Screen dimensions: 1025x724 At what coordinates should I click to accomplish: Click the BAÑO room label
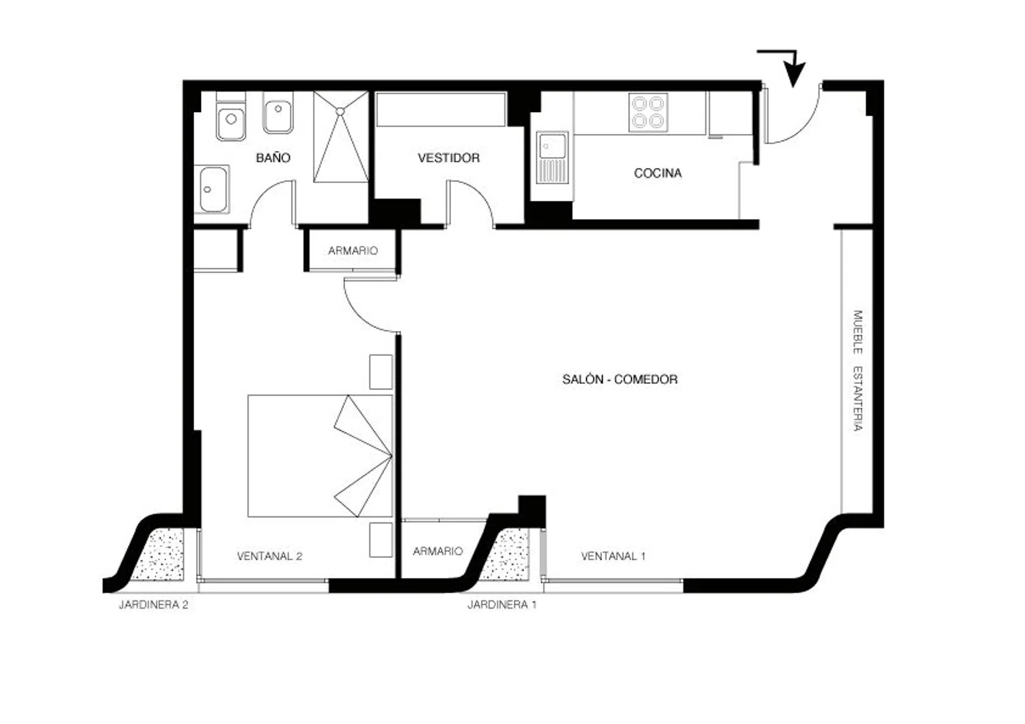pos(273,157)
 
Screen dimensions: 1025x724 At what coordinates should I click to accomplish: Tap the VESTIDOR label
pos(448,158)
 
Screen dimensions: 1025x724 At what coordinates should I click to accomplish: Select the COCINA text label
pos(657,173)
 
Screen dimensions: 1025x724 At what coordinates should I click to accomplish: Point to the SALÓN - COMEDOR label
pos(620,378)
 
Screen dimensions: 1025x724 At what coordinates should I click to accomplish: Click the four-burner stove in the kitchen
pos(648,113)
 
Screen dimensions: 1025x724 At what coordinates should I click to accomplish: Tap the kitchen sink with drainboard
pos(552,158)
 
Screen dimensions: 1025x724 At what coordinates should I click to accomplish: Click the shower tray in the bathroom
pos(341,137)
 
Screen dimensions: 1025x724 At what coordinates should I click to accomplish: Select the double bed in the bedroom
pos(320,456)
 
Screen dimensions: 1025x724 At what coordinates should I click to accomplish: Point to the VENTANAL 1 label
pos(613,556)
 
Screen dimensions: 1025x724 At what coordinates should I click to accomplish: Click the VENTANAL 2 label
pos(269,556)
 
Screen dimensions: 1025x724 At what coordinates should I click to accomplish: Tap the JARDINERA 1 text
pos(502,604)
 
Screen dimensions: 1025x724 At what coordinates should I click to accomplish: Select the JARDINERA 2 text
pos(153,604)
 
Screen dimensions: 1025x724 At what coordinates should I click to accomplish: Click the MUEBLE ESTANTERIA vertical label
pos(858,370)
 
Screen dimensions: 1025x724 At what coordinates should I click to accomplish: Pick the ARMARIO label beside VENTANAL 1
pos(437,551)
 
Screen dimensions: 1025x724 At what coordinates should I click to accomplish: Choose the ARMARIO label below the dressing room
pos(353,251)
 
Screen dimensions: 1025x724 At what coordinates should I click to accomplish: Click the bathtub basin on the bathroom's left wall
pos(211,189)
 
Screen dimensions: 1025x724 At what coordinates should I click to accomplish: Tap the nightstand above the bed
pos(381,372)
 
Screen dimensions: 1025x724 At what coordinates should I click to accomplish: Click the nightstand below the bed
pos(381,540)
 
